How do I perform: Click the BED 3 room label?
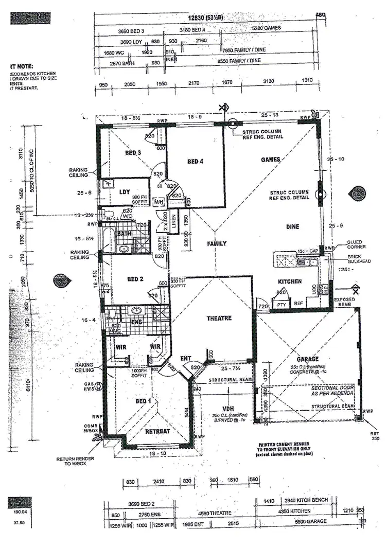pos(133,153)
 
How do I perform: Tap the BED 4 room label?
pos(196,162)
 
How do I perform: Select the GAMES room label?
pos(270,160)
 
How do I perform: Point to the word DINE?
pos(293,226)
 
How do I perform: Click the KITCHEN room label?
pos(290,281)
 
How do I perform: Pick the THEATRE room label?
pos(219,318)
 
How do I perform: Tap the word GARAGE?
pos(307,359)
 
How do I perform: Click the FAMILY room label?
pos(217,243)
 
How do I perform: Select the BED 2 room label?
pos(134,279)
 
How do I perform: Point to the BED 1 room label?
pos(143,401)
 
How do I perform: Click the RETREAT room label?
pos(157,431)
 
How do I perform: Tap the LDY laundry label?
pos(125,191)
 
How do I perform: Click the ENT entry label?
pos(186,358)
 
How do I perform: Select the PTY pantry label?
pos(282,305)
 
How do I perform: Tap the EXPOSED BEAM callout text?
pos(345,302)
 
